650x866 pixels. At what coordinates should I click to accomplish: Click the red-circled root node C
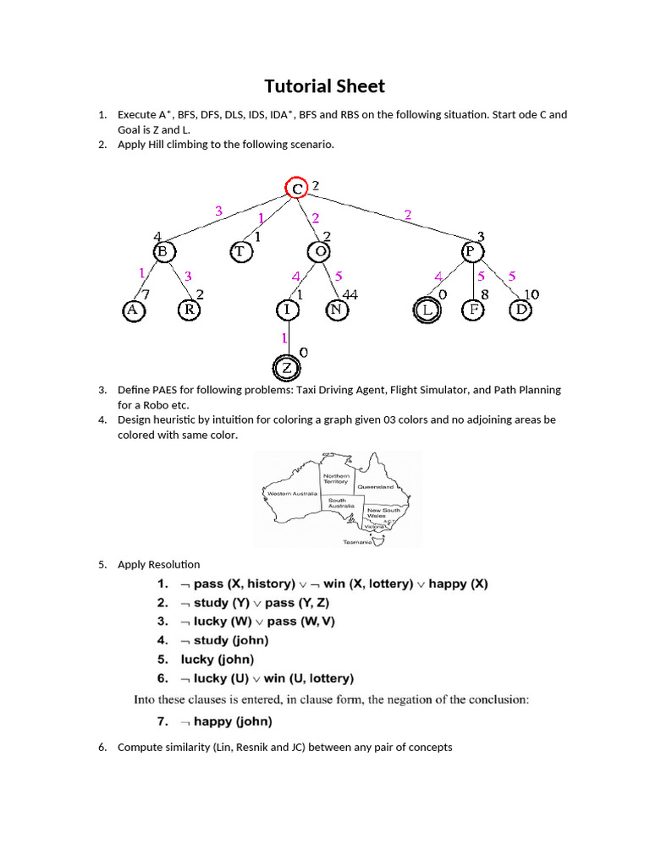(296, 189)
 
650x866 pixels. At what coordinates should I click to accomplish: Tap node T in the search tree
(240, 251)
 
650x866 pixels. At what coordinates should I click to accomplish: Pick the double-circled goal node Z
(287, 369)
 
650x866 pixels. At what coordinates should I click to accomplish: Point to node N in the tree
(336, 310)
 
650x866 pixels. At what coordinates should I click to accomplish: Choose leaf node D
(521, 310)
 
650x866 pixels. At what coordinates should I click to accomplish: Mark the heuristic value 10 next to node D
(532, 294)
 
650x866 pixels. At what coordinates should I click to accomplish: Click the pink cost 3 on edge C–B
(218, 211)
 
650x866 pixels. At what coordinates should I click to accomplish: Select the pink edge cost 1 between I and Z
(285, 338)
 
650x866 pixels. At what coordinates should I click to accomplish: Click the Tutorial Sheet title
(324, 86)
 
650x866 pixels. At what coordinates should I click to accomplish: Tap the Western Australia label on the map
(292, 493)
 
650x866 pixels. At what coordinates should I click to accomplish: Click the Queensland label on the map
(376, 487)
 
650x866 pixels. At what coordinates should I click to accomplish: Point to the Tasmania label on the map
(357, 542)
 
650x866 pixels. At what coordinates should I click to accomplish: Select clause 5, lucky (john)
(217, 659)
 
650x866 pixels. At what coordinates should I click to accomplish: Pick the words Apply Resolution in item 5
(159, 564)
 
